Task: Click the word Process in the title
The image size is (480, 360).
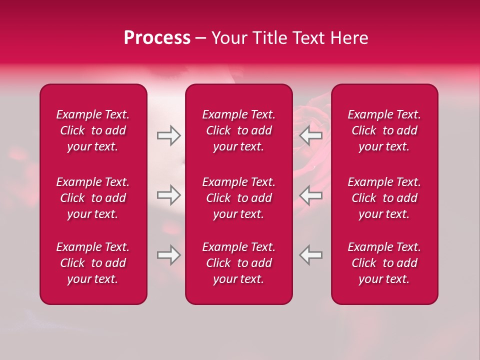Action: (157, 38)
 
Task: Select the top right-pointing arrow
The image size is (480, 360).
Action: (169, 135)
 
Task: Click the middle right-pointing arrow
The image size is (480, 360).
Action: (169, 195)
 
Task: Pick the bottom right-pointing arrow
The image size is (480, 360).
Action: (169, 255)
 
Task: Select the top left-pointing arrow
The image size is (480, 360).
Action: (311, 135)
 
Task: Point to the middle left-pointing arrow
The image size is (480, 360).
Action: (311, 195)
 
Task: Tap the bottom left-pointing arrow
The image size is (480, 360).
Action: (311, 255)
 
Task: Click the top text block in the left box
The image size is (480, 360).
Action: (93, 130)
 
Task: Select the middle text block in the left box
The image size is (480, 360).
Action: (93, 198)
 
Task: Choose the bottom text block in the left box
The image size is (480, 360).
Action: (93, 263)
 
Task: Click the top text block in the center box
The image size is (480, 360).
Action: (239, 130)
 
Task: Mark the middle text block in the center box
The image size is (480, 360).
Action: (239, 198)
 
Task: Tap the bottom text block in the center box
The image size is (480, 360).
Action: (239, 263)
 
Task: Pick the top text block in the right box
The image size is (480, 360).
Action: (384, 130)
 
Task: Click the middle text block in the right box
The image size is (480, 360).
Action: (384, 198)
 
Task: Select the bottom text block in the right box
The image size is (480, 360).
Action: (384, 263)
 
